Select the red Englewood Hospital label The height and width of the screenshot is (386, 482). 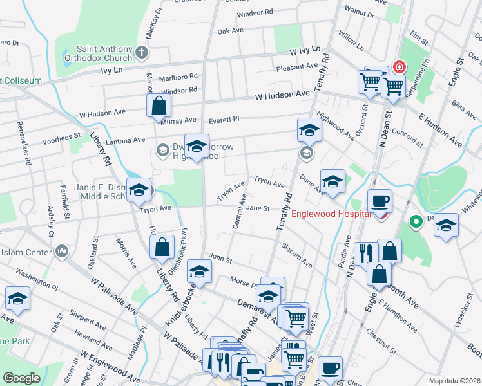tap(331, 214)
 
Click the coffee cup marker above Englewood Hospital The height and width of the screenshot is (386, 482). tap(380, 201)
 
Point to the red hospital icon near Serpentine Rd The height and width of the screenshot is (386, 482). tap(400, 67)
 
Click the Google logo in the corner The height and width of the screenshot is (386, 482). tap(21, 378)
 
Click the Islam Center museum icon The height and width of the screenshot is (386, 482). tap(63, 250)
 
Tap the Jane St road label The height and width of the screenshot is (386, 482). tap(257, 208)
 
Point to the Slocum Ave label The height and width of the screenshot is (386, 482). tap(297, 256)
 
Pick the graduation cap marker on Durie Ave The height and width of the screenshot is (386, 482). tap(333, 182)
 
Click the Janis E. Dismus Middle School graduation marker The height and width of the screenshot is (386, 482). tap(139, 190)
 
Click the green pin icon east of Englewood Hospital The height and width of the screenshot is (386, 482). tap(416, 223)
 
